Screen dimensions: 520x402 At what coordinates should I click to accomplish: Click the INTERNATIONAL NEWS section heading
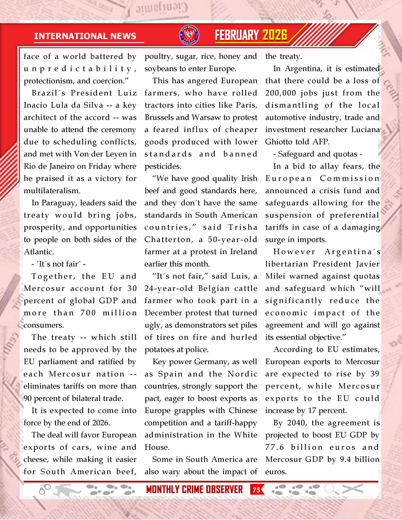point(85,36)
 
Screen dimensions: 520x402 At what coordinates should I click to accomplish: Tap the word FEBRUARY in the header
point(237,35)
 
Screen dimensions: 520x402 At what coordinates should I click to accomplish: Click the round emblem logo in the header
point(189,35)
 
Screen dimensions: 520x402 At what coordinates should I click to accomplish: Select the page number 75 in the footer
point(256,490)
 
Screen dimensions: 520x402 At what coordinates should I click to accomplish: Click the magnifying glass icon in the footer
point(331,489)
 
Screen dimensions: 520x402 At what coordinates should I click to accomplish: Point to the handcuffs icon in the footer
point(44,489)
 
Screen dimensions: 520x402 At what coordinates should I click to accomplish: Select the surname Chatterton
point(166,240)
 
